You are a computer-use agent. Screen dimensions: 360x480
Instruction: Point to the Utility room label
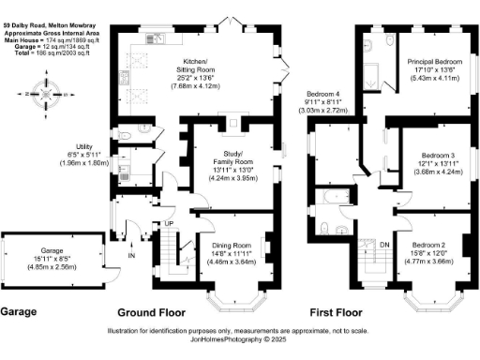(82, 148)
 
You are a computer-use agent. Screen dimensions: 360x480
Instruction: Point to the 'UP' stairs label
(169, 223)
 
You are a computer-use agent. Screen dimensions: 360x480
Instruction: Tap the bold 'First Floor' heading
(335, 311)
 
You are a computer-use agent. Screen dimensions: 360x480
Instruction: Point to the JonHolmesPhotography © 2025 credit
(239, 340)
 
